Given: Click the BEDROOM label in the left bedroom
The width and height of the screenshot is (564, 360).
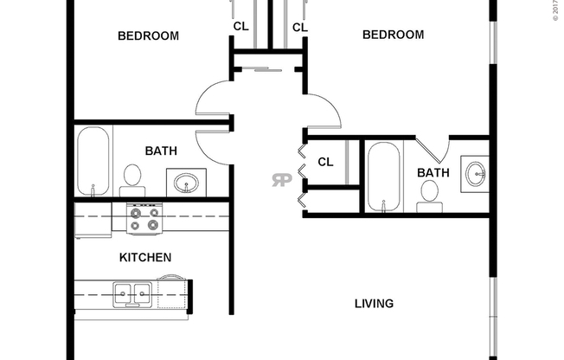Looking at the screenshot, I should pyautogui.click(x=148, y=36).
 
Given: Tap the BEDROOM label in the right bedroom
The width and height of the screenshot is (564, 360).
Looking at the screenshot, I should pyautogui.click(x=393, y=35).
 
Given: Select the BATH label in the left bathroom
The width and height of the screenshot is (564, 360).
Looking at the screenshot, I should pyautogui.click(x=161, y=151).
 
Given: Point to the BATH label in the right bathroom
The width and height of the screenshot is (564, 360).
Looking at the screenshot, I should pyautogui.click(x=433, y=173).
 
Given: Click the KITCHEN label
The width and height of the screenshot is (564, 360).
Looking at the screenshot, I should pyautogui.click(x=144, y=258).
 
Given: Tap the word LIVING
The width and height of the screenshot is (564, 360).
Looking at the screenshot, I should pyautogui.click(x=374, y=304).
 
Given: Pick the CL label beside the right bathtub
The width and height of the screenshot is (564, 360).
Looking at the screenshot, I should pyautogui.click(x=325, y=162).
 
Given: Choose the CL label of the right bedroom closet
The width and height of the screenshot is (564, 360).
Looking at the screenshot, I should pyautogui.click(x=299, y=28).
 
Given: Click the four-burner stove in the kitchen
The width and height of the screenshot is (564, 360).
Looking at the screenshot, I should pyautogui.click(x=144, y=220).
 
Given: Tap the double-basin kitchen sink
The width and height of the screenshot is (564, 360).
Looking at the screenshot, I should pyautogui.click(x=135, y=294).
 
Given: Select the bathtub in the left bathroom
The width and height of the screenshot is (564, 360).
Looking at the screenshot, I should pyautogui.click(x=93, y=162).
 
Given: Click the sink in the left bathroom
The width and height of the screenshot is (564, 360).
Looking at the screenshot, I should pyautogui.click(x=186, y=183).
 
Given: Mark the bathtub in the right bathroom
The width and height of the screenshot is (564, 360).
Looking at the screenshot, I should pyautogui.click(x=383, y=177).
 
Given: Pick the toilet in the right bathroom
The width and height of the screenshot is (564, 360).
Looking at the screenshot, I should pyautogui.click(x=427, y=201).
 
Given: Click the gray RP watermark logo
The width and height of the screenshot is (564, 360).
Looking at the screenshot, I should pyautogui.click(x=281, y=181).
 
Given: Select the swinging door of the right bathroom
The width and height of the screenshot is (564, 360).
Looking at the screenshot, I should pyautogui.click(x=430, y=151).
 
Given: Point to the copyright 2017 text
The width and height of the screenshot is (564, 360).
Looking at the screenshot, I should pyautogui.click(x=556, y=10).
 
